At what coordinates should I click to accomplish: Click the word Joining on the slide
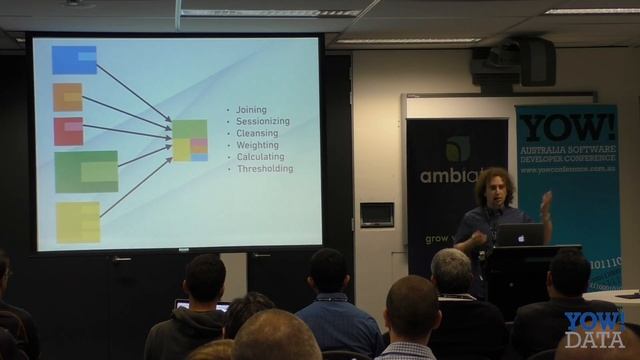pos(246,109)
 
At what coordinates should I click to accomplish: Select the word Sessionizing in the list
pos(262,121)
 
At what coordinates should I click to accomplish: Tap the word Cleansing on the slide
pos(258,133)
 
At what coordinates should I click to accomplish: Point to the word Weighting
pos(258,145)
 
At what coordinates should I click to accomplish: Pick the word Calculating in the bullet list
pos(260,157)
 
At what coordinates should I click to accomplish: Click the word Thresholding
pos(265,169)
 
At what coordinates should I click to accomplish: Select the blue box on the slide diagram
pos(74,60)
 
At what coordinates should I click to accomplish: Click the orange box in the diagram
pos(67,97)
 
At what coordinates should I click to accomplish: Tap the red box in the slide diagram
pos(67,131)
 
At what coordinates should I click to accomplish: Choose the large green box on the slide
pos(86,171)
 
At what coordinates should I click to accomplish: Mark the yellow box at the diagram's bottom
pos(78,222)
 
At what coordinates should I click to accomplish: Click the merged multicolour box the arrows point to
pos(190,141)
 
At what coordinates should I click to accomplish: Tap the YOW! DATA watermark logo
pos(595,329)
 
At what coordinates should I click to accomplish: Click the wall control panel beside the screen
pos(376,214)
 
